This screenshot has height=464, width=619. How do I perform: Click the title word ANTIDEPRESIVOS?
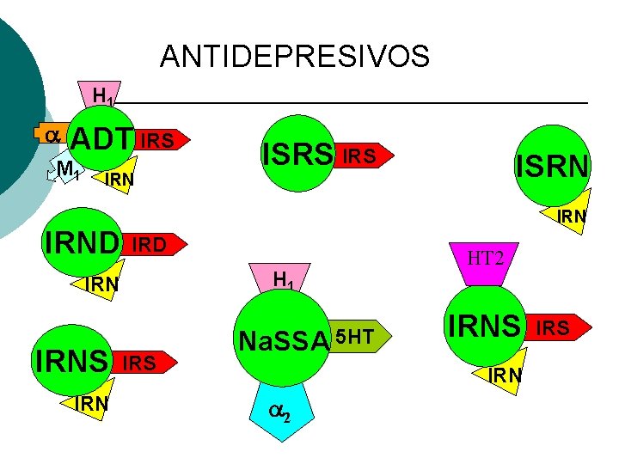pos(294,57)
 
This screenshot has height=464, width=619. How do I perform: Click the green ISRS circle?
pos(297,155)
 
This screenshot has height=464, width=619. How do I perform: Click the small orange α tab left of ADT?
pos(49,134)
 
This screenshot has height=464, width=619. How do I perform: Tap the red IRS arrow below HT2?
pos(558,327)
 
